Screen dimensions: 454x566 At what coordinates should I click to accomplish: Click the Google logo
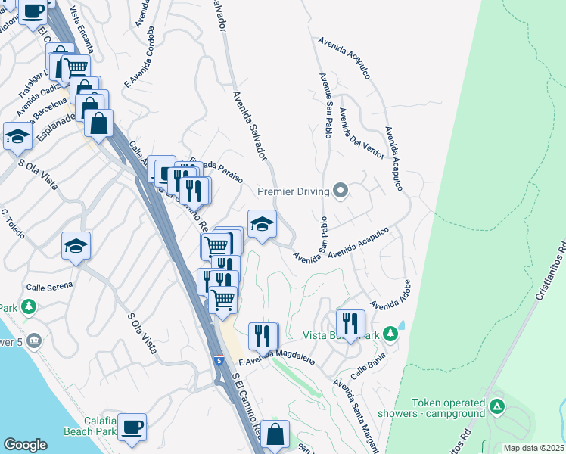tap(26, 444)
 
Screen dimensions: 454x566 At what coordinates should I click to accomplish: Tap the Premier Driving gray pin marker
tap(341, 191)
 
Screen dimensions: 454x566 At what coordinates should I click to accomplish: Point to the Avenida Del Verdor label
tap(362, 133)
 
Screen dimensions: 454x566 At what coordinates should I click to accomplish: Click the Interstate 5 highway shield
tap(219, 360)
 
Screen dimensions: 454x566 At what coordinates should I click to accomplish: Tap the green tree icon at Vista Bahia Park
tap(390, 333)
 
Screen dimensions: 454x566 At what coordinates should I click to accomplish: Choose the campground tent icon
tap(496, 407)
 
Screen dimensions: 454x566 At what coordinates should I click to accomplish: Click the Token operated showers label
tap(448, 409)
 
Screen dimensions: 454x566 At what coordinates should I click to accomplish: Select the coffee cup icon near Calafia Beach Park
tap(132, 426)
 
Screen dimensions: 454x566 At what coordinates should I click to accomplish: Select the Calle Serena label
tap(49, 285)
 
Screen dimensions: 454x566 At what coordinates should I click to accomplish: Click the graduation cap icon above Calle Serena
tap(76, 245)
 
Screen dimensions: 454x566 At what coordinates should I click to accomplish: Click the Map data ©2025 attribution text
tap(533, 448)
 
